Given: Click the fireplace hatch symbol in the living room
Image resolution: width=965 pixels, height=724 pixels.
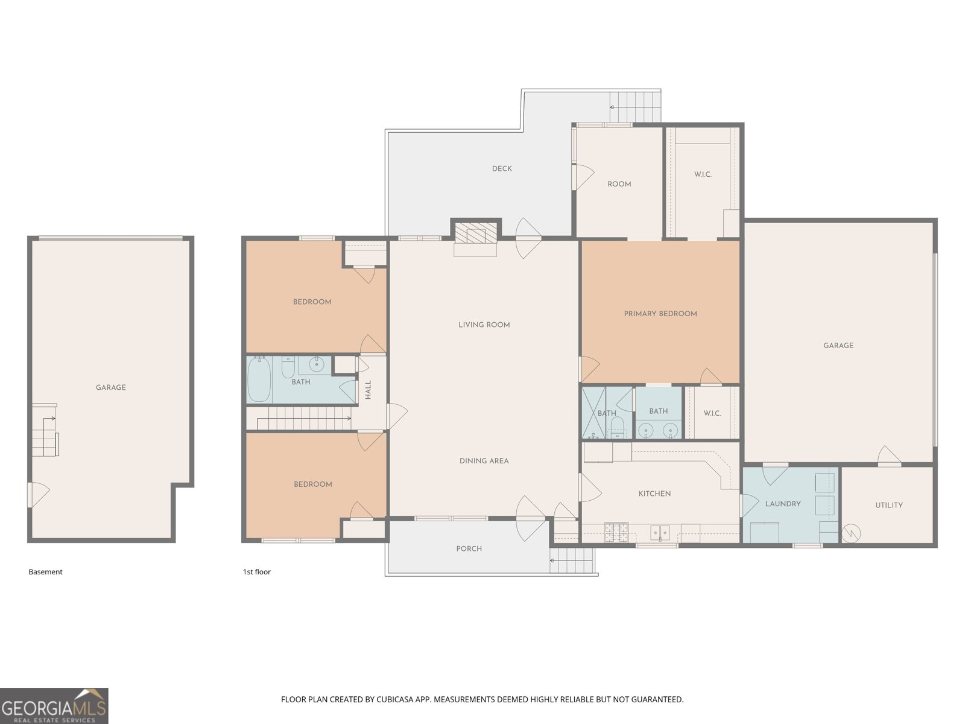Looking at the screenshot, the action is tap(476, 232).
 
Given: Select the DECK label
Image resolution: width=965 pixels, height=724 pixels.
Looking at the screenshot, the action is tap(502, 168).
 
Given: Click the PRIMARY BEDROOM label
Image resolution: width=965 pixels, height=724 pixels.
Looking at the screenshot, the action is tap(660, 313).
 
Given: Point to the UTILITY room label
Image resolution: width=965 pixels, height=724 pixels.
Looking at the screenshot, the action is tap(889, 505).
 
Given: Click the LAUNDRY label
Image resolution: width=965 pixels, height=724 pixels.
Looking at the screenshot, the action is tap(783, 504).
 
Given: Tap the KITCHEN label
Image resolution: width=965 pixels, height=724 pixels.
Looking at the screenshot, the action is tap(654, 494).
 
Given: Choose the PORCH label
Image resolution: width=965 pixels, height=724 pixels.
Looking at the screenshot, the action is tap(469, 548).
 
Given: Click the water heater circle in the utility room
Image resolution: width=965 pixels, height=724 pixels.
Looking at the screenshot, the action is tap(851, 534).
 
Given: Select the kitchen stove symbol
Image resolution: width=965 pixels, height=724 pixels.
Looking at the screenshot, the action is tap(616, 532).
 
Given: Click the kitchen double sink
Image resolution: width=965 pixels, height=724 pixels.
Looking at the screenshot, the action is tap(660, 533).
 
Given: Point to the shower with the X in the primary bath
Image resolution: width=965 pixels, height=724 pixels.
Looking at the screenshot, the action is tap(593, 413).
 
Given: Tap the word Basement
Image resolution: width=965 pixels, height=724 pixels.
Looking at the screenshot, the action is tap(45, 572).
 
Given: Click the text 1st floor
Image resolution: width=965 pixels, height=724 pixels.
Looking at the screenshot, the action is tap(257, 572).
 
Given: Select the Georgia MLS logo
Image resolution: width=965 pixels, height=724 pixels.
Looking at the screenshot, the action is tap(54, 705).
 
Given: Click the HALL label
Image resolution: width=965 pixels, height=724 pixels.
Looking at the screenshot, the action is tap(368, 390).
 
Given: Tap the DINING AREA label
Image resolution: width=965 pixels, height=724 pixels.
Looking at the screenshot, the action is tap(484, 461).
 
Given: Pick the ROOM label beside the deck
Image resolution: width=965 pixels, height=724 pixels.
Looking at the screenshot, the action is tap(619, 184).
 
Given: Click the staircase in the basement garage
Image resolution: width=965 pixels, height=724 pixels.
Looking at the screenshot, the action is tap(45, 430).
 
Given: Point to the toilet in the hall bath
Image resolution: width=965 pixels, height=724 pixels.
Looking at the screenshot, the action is tap(288, 369).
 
